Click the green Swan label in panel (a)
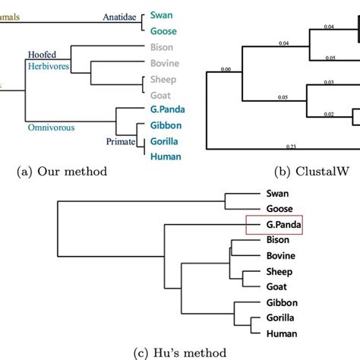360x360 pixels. click(162, 14)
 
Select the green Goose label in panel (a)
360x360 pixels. click(163, 31)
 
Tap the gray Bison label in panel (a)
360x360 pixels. click(163, 47)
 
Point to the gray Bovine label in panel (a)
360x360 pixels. click(165, 63)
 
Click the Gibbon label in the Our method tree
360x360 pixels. click(166, 125)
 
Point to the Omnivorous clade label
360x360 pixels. click(51, 128)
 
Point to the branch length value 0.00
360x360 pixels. click(225, 70)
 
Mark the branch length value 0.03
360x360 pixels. click(330, 82)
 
